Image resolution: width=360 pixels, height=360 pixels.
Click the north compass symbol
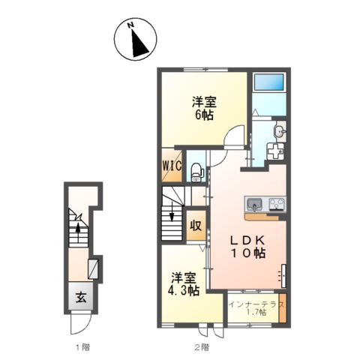point(135,39)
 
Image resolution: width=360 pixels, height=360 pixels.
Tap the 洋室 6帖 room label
point(204,108)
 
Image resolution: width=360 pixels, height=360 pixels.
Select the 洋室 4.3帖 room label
point(183,284)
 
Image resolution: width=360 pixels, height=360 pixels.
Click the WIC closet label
point(172,166)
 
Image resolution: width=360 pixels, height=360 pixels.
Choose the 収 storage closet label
point(196,226)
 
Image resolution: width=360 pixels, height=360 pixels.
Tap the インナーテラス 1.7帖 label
point(256,308)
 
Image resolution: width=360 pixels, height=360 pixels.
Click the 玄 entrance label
point(81,297)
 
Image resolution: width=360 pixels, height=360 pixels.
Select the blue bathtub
point(269,82)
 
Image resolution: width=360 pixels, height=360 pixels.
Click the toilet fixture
point(197,172)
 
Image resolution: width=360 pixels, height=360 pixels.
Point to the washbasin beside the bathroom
point(280,131)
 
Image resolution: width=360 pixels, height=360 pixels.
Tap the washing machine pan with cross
point(275,151)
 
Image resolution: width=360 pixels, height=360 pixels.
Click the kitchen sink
point(254,204)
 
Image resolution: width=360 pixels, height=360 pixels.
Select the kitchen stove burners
point(277,204)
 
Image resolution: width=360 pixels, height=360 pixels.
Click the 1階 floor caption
point(82,347)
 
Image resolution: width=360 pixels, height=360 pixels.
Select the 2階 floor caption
point(202,347)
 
